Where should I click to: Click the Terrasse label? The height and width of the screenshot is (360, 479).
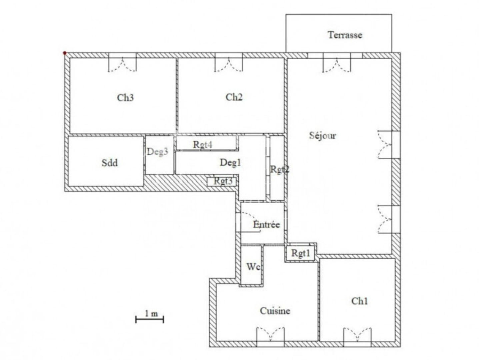[x=345, y=35]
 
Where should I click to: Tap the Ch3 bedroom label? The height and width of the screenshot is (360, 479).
[x=125, y=97]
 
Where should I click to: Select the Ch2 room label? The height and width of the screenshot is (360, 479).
[x=234, y=97]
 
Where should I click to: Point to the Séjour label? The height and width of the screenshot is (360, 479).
[x=322, y=135]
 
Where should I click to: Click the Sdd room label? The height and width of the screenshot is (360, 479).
[x=110, y=163]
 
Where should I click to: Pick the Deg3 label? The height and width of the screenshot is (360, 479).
[x=157, y=152]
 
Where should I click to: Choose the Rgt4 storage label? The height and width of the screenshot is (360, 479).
[x=203, y=145]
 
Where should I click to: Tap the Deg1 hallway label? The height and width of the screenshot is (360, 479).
[x=230, y=162]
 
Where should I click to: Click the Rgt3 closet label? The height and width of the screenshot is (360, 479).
[x=223, y=181]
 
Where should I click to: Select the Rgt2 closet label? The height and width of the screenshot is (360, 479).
[x=279, y=169]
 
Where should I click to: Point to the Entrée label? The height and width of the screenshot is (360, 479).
[x=266, y=224]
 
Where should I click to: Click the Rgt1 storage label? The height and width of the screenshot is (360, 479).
[x=301, y=253]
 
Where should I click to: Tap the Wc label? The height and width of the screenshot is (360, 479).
[x=253, y=267]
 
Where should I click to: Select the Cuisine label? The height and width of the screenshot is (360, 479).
[x=275, y=311]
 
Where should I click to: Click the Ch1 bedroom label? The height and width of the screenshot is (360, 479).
[x=360, y=301]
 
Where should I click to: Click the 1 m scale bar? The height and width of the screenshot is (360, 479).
[x=150, y=319]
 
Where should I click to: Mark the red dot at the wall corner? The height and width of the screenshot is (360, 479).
[x=65, y=53]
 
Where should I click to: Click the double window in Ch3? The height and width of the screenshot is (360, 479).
[x=123, y=63]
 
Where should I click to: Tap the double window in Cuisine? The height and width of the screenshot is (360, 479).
[x=270, y=335]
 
